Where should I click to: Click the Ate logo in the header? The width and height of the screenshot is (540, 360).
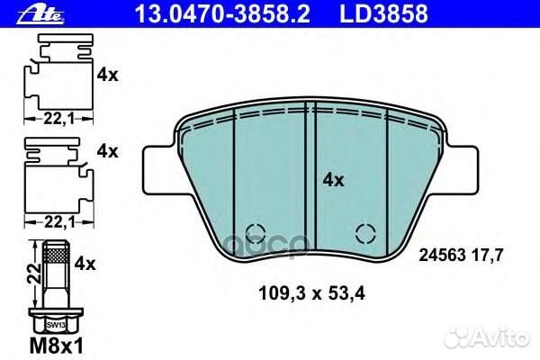(x=40, y=14)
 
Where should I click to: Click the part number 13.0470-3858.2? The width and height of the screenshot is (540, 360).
(x=222, y=13)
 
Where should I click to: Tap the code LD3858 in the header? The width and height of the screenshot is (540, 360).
(x=384, y=13)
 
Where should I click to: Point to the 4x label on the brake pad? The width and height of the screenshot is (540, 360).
(x=333, y=180)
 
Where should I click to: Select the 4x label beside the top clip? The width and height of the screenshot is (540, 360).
(x=107, y=75)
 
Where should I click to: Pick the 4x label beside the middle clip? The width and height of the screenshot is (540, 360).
(x=107, y=151)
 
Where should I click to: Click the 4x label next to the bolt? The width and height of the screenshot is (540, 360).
(x=85, y=264)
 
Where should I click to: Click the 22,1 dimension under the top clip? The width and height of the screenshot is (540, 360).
(x=58, y=119)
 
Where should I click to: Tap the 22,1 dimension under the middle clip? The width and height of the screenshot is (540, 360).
(x=59, y=222)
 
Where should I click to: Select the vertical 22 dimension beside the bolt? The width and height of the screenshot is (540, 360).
(x=34, y=274)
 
